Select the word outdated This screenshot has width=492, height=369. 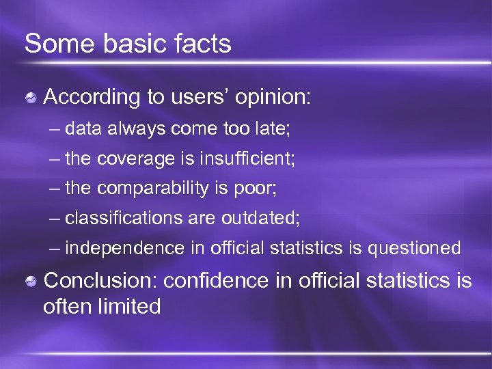point(260,219)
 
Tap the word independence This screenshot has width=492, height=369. point(124,249)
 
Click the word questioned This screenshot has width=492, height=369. point(414,249)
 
